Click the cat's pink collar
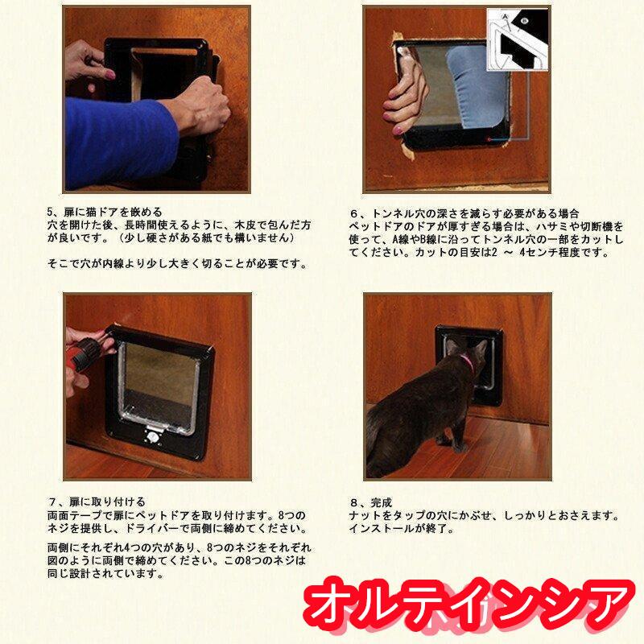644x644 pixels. (468, 363)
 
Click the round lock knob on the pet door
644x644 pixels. (153, 437)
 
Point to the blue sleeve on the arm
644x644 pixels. (120, 140)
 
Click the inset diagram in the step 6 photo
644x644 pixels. (518, 39)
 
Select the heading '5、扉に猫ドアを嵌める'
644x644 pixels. (105, 213)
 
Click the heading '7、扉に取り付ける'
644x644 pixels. (97, 502)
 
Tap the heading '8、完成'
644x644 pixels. (371, 502)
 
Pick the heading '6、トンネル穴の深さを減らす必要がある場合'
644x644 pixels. (464, 213)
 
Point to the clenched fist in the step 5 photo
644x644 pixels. (204, 104)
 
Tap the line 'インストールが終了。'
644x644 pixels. (401, 529)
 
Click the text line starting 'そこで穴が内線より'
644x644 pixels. (178, 264)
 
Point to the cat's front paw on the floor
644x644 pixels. (459, 447)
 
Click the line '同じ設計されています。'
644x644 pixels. (105, 574)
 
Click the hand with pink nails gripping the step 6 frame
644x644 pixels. (404, 94)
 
